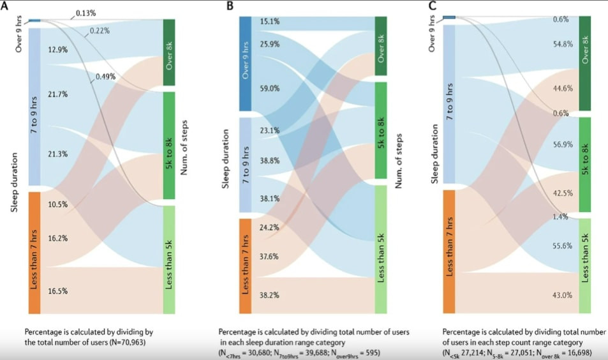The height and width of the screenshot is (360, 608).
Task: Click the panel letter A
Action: (8, 7)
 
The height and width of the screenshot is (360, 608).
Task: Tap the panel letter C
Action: (433, 7)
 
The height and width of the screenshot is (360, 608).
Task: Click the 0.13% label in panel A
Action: (85, 13)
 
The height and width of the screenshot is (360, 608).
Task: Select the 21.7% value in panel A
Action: (57, 94)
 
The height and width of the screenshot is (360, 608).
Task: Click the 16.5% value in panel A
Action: (57, 290)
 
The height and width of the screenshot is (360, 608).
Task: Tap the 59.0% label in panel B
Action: (269, 89)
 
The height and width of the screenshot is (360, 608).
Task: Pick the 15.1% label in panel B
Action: (269, 21)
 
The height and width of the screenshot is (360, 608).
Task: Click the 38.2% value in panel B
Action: (269, 296)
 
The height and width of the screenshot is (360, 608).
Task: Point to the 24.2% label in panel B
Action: (269, 227)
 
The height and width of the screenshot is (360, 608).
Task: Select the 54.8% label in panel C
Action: (562, 44)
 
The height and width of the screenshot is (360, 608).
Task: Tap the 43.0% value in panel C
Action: (562, 295)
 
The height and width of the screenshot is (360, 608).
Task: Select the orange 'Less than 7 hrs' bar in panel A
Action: (34, 252)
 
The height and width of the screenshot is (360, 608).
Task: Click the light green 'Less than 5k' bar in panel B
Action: (380, 248)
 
